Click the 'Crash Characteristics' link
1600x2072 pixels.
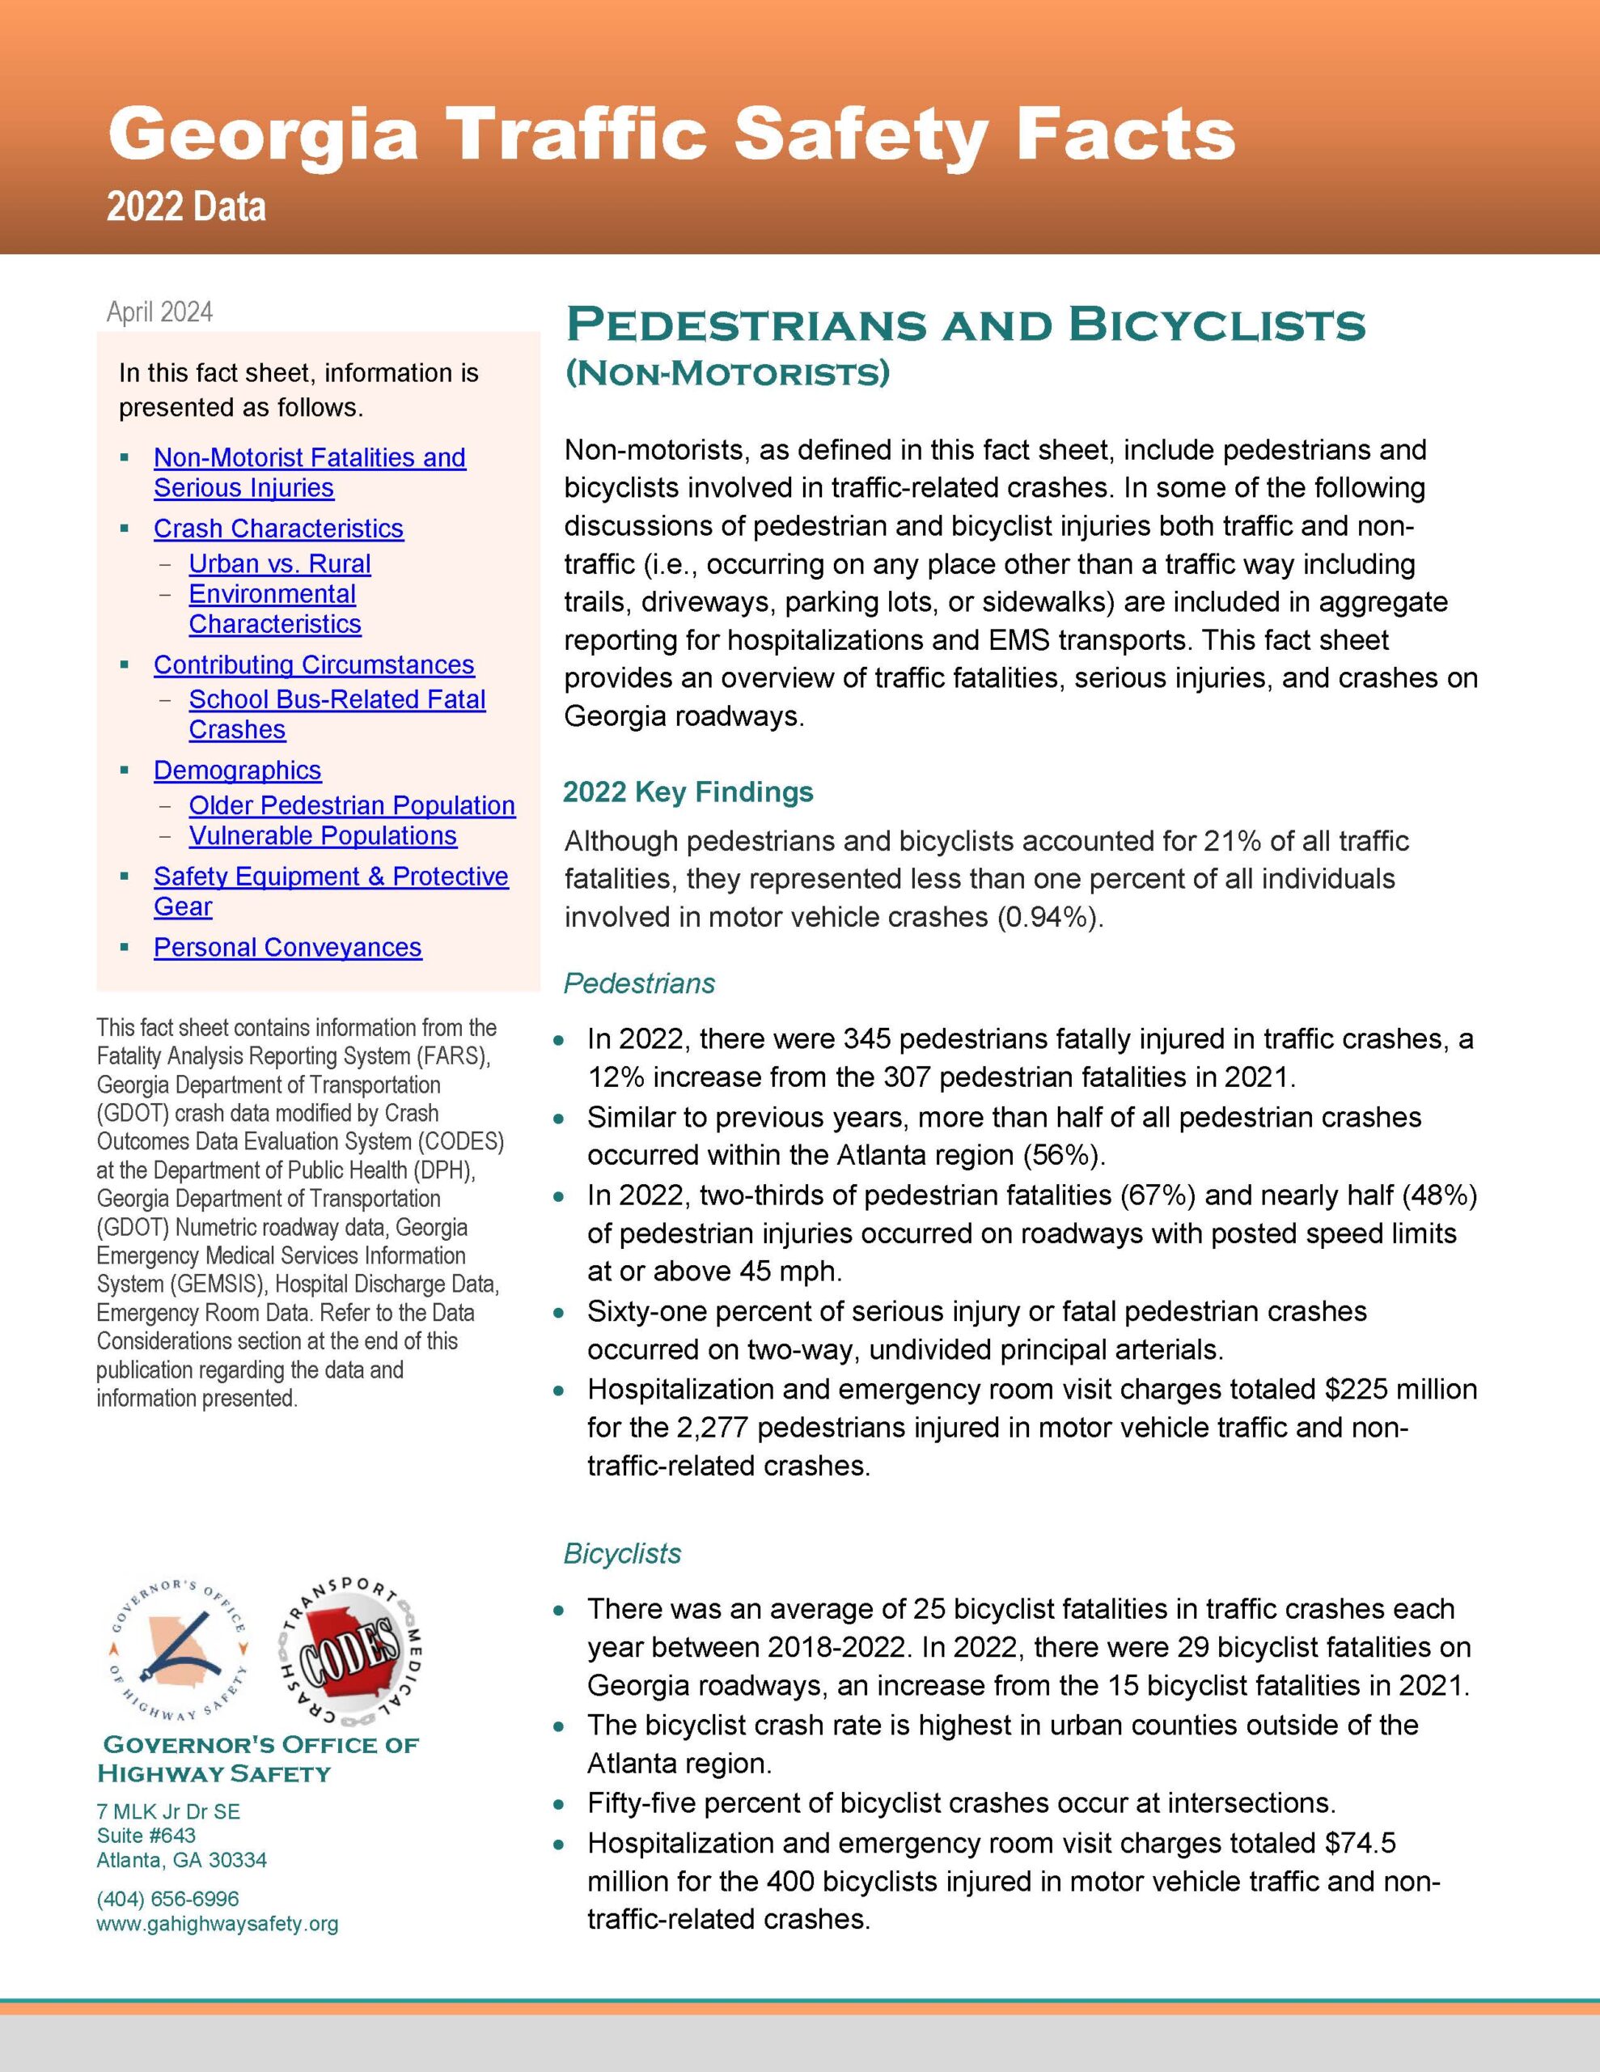[x=278, y=529]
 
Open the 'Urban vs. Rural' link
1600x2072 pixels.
[x=279, y=563]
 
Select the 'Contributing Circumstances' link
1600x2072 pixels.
[x=313, y=665]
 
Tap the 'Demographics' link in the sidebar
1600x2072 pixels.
[x=237, y=771]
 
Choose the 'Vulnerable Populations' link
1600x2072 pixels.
[x=323, y=836]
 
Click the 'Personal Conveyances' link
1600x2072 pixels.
[x=287, y=948]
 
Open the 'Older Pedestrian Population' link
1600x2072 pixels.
[x=351, y=805]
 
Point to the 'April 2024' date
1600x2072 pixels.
[x=159, y=312]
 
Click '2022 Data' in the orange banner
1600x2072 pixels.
[x=186, y=207]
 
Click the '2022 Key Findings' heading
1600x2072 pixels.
[x=688, y=792]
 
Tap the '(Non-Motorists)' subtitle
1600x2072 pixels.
[x=727, y=373]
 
